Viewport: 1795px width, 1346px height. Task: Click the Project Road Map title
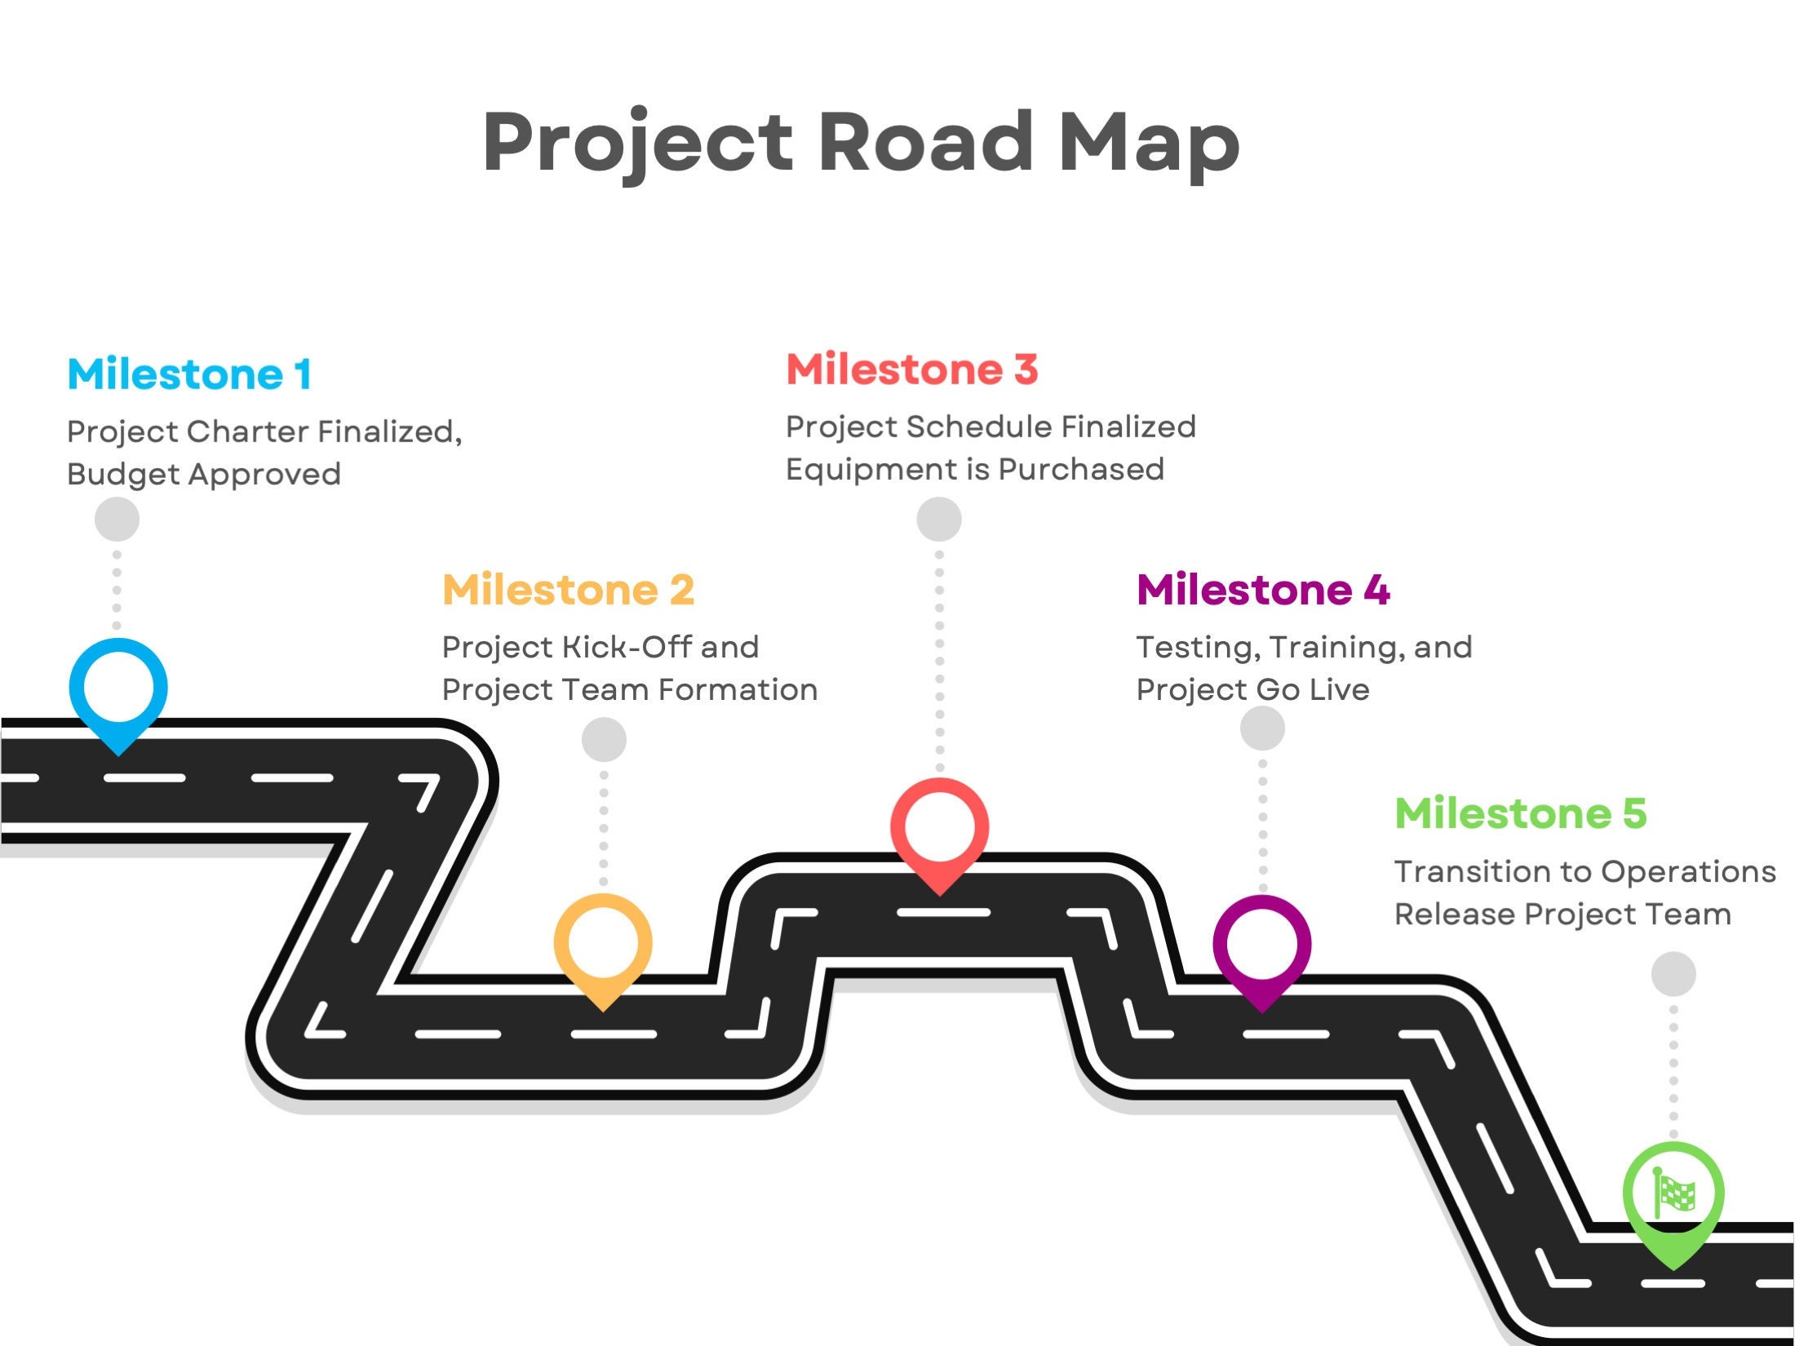pyautogui.click(x=861, y=143)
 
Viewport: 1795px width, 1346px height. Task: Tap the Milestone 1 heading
pyautogui.click(x=189, y=374)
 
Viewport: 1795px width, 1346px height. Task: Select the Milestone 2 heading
pyautogui.click(x=568, y=590)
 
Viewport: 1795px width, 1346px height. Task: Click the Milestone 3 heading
pyautogui.click(x=911, y=370)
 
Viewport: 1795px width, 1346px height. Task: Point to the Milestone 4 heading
pyautogui.click(x=1262, y=590)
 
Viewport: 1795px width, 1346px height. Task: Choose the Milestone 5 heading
pyautogui.click(x=1521, y=813)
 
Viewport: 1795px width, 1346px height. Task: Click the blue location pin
pyautogui.click(x=118, y=689)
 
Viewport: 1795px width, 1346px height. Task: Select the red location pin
pyautogui.click(x=939, y=829)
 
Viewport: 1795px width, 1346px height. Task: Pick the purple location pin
pyautogui.click(x=1262, y=945)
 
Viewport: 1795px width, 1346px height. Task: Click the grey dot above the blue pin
pyautogui.click(x=117, y=520)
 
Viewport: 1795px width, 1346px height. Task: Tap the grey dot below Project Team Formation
pyautogui.click(x=604, y=740)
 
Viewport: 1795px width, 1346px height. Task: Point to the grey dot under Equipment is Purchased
pyautogui.click(x=939, y=520)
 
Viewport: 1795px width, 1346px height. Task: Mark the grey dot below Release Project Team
pyautogui.click(x=1673, y=974)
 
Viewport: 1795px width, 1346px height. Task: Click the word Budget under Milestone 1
pyautogui.click(x=123, y=475)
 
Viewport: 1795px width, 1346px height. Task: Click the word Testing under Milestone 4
pyautogui.click(x=1192, y=647)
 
